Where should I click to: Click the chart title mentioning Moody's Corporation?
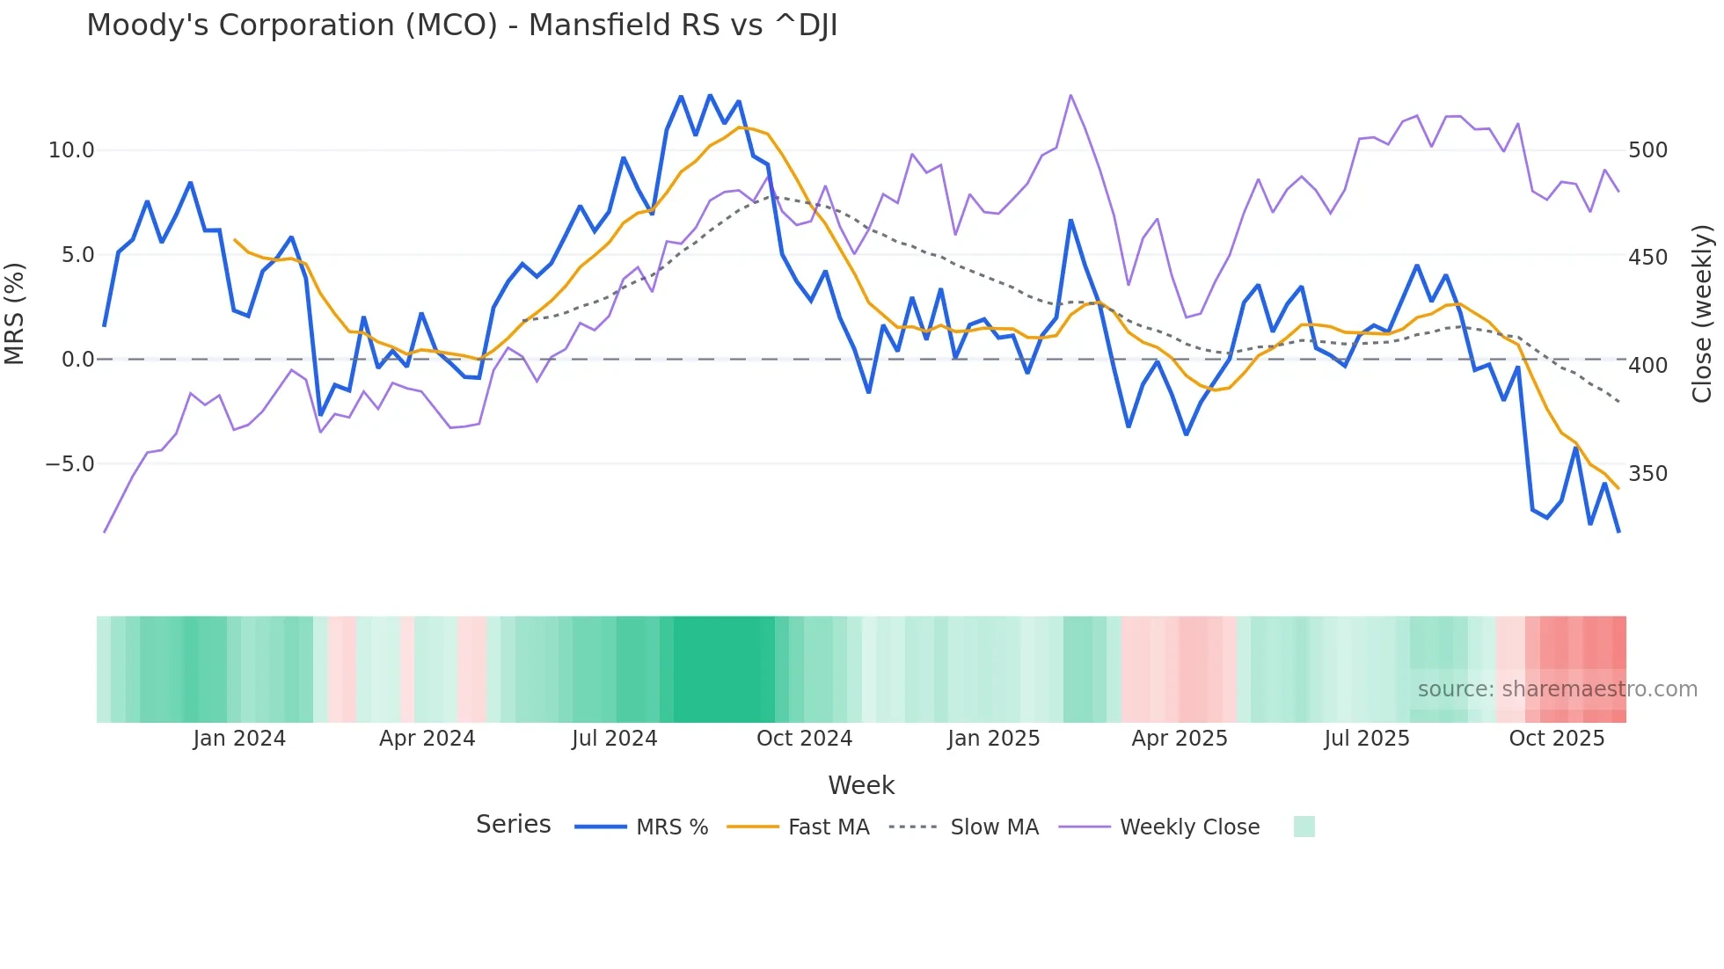pyautogui.click(x=462, y=25)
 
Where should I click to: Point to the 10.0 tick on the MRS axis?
pyautogui.click(x=71, y=150)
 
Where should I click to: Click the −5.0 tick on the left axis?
pyautogui.click(x=69, y=464)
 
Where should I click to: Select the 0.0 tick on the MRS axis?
pyautogui.click(x=77, y=360)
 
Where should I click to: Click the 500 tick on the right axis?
pyautogui.click(x=1647, y=150)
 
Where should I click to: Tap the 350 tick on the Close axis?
pyautogui.click(x=1647, y=474)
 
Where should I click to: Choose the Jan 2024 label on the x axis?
pyautogui.click(x=239, y=739)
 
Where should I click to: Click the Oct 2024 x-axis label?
pyautogui.click(x=804, y=739)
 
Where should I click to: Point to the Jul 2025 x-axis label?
pyautogui.click(x=1366, y=739)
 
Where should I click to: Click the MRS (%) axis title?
pyautogui.click(x=15, y=314)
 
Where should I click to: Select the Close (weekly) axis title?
pyautogui.click(x=1703, y=314)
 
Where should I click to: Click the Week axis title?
pyautogui.click(x=861, y=785)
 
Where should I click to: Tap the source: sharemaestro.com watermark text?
pyautogui.click(x=1557, y=689)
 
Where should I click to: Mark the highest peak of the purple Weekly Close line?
pyautogui.click(x=1070, y=95)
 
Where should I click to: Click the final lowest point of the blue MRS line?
pyautogui.click(x=1618, y=531)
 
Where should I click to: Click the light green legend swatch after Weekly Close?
pyautogui.click(x=1304, y=827)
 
